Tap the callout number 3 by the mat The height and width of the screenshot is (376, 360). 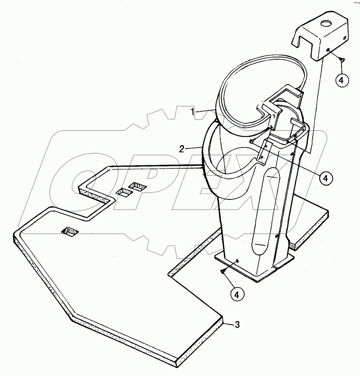tap(236, 324)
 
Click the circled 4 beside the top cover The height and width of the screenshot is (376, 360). tap(342, 80)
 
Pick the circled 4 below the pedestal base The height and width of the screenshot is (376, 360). tap(237, 293)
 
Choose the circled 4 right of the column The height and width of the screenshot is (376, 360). tap(325, 178)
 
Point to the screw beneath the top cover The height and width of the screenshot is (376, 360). tap(342, 59)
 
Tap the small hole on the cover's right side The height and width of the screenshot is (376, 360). tap(345, 38)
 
